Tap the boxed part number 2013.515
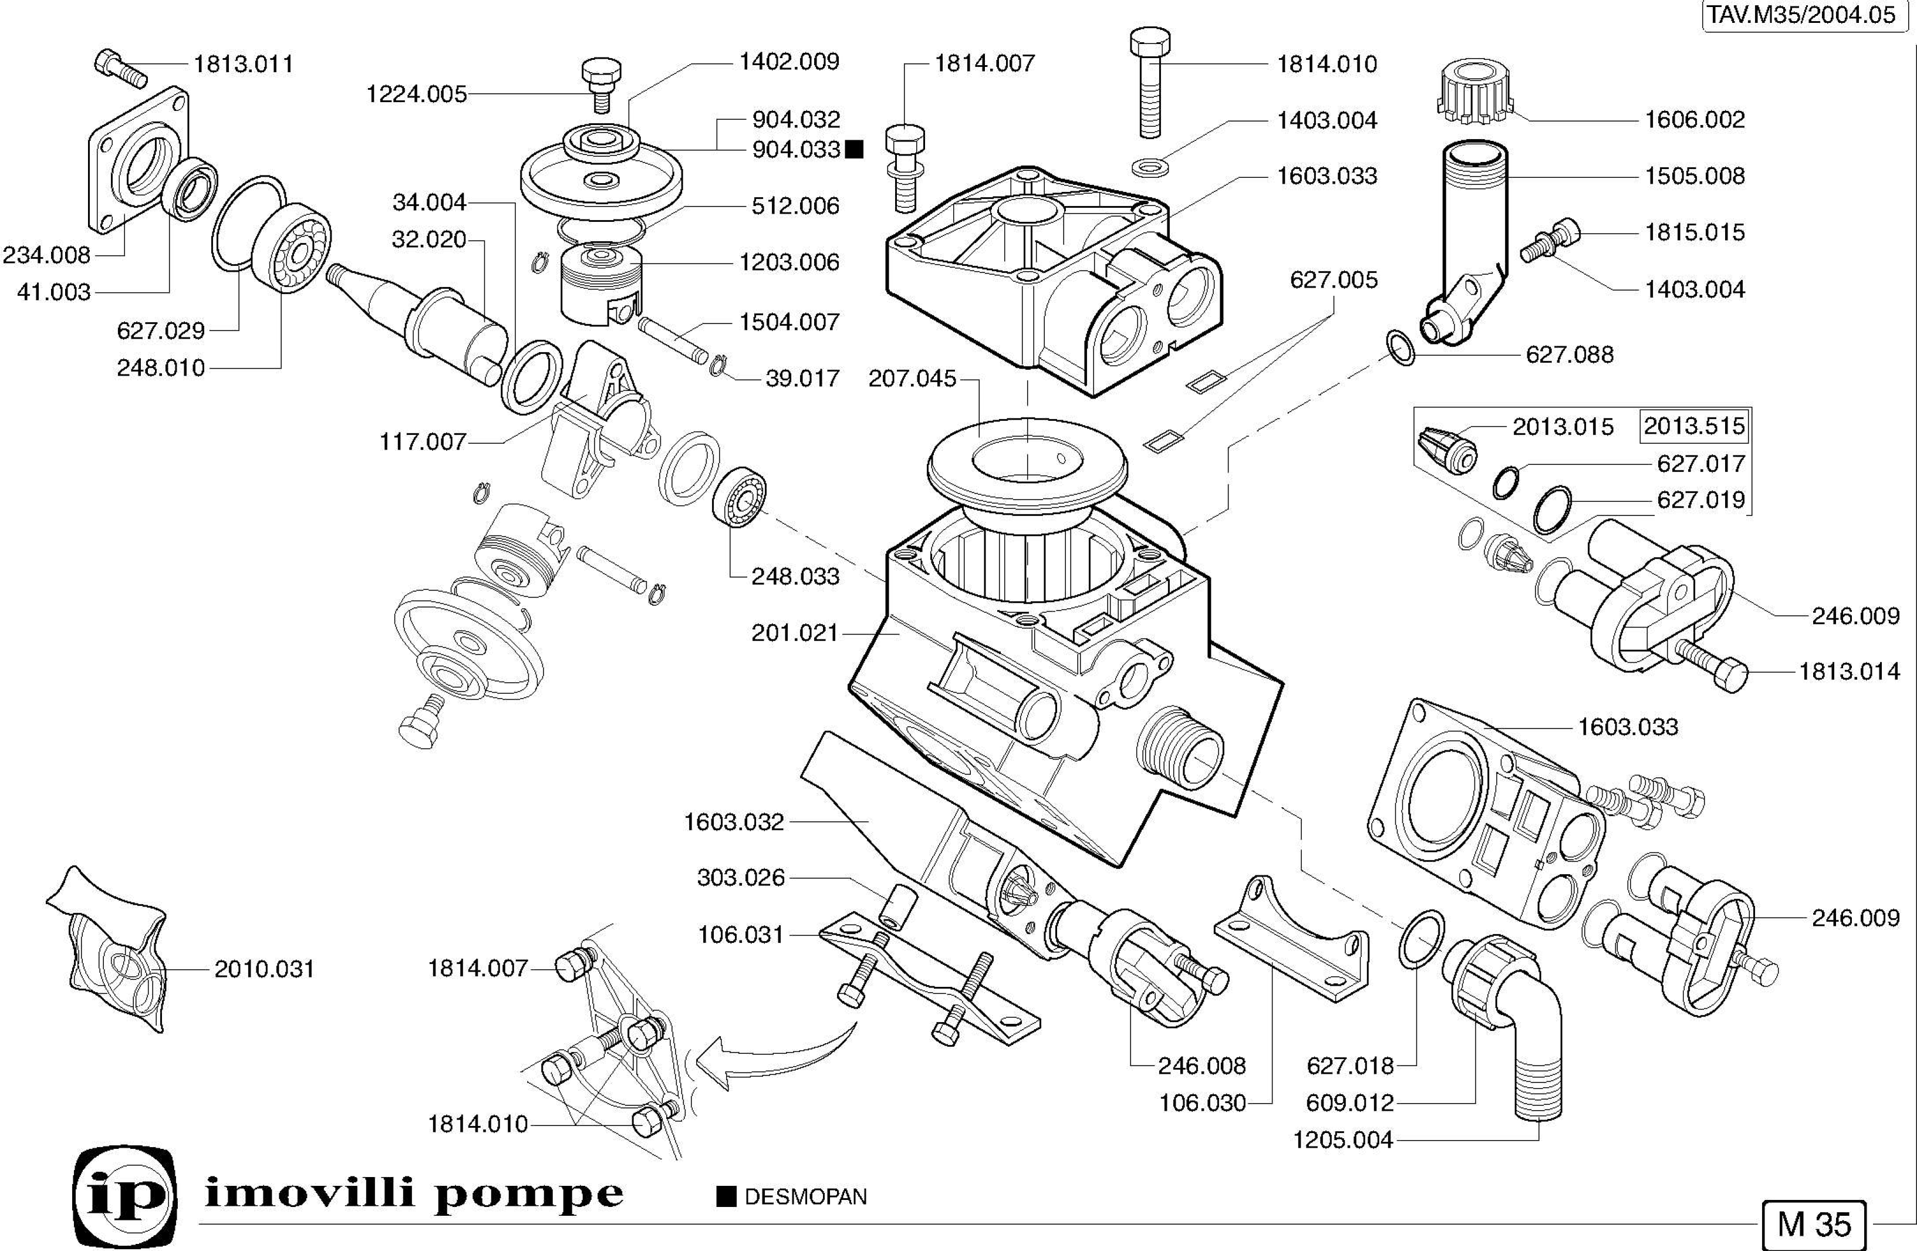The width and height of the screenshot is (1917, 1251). coord(1694,426)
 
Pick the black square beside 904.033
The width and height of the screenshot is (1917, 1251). coord(855,149)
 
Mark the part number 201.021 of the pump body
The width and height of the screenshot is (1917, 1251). coord(795,633)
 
